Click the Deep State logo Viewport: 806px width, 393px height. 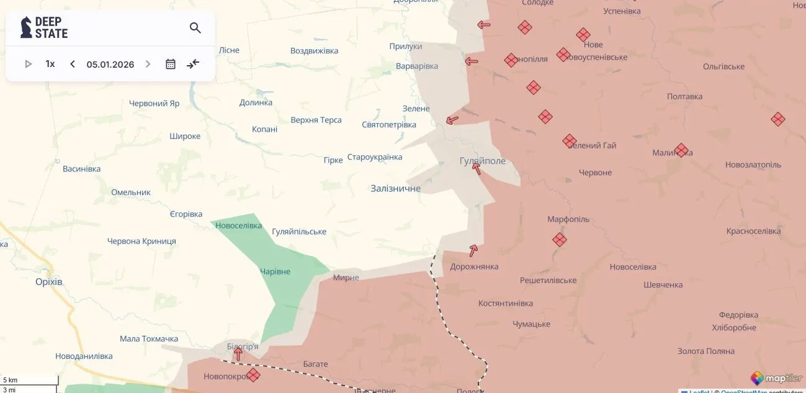point(44,28)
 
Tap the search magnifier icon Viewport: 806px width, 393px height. point(195,28)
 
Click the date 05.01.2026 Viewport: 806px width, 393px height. point(110,64)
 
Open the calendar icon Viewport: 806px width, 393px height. point(171,64)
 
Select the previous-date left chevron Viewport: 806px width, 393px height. point(72,64)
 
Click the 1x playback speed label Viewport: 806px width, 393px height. point(50,64)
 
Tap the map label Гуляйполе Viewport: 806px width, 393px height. point(482,161)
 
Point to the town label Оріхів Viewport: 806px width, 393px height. point(49,282)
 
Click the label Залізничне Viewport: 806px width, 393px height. point(395,188)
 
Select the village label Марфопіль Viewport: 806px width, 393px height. point(568,219)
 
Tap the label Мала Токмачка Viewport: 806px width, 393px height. point(149,338)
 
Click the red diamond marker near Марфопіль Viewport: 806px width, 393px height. point(560,240)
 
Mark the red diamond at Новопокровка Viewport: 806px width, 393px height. point(253,375)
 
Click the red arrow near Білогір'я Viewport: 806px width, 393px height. point(238,355)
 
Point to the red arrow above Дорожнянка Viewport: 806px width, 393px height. point(473,250)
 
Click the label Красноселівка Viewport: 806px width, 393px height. point(753,231)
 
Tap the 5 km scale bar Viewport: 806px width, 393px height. point(30,380)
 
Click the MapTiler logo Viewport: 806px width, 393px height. point(776,378)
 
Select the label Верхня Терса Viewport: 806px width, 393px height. point(316,120)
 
